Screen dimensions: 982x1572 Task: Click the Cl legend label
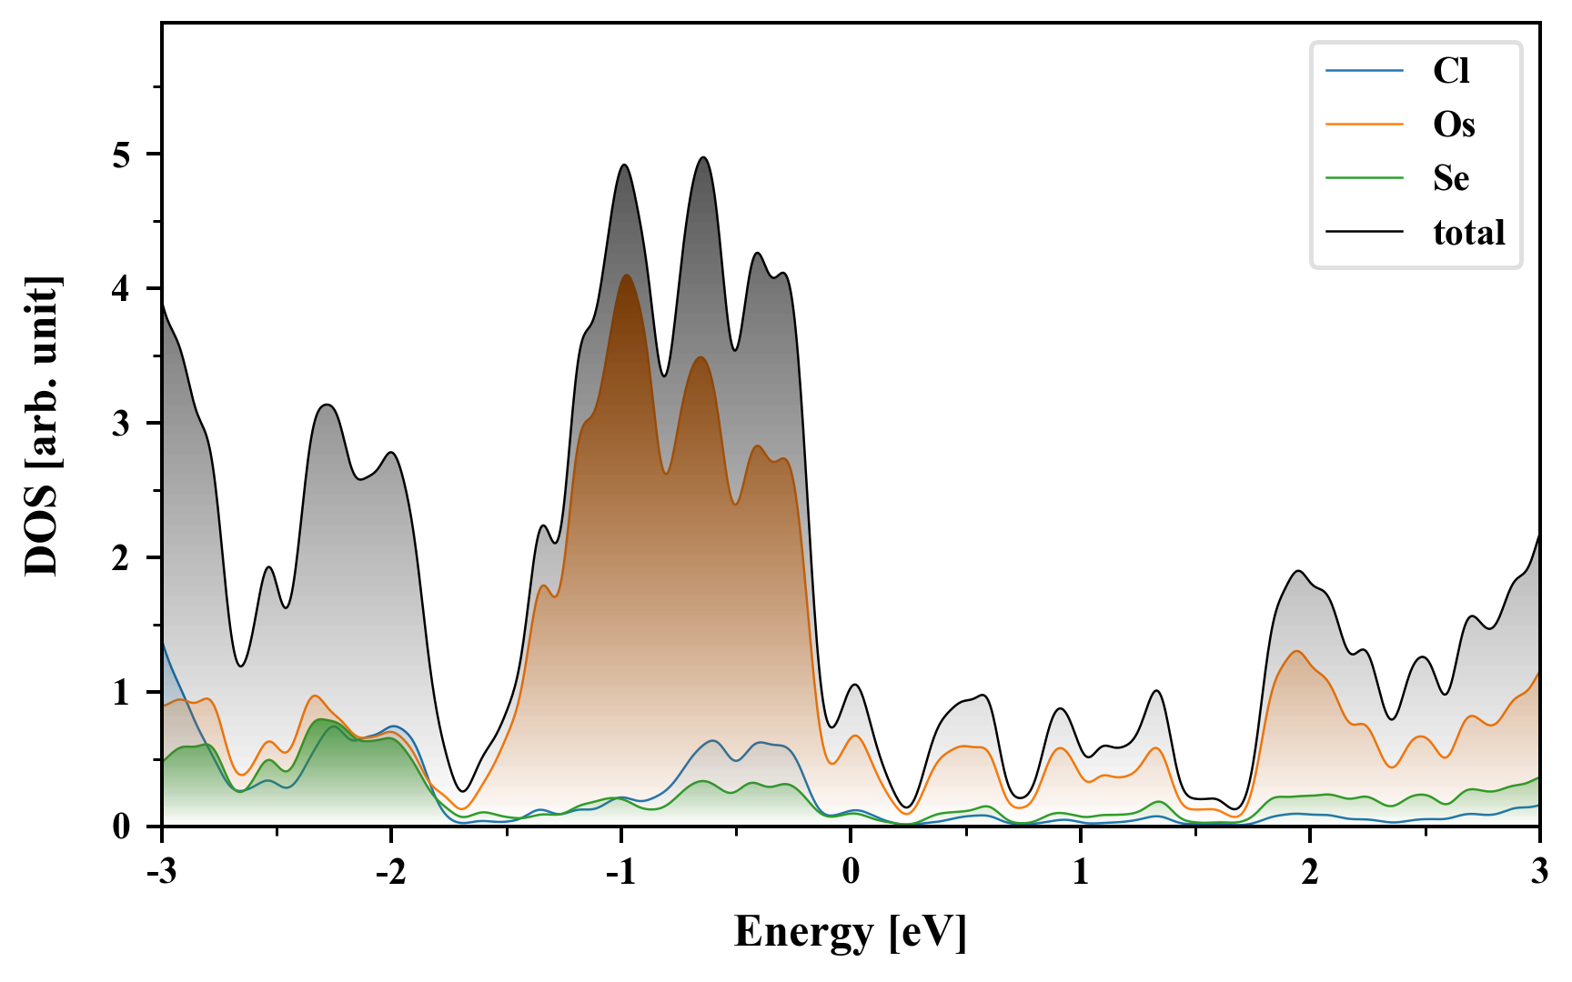tap(1451, 71)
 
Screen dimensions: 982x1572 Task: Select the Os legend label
tap(1454, 125)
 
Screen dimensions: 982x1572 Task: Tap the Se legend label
tap(1451, 178)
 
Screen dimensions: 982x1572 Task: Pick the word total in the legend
tap(1469, 233)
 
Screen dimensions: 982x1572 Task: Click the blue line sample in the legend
tap(1364, 71)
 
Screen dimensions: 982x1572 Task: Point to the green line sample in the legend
tap(1364, 178)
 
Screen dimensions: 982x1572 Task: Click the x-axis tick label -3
tap(161, 872)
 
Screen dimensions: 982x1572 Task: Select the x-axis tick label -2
tap(390, 872)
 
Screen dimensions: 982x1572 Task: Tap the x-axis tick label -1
tap(620, 872)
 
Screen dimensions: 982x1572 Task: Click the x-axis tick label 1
tap(1081, 872)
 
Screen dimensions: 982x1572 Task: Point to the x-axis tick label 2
tap(1310, 872)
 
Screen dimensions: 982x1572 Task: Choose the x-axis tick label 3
tap(1539, 872)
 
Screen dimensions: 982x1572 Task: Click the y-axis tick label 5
tap(121, 155)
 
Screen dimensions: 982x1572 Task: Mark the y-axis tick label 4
tap(121, 290)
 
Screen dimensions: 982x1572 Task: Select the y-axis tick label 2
tap(121, 558)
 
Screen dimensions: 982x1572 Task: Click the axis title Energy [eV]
tap(851, 932)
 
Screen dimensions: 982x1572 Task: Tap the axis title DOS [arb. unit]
tap(42, 425)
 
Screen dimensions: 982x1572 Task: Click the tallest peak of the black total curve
tap(702, 158)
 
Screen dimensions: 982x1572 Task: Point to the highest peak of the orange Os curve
tap(626, 276)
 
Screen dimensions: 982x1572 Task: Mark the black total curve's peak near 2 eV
tap(1298, 571)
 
